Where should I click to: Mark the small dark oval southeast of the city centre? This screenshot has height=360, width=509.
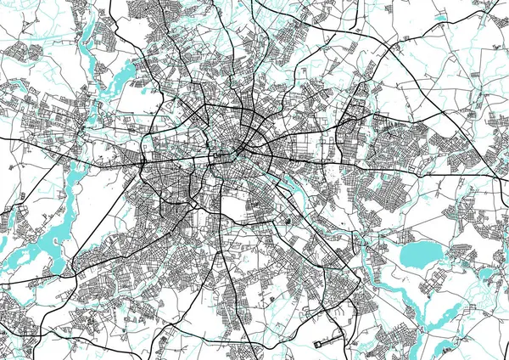[288, 222]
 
